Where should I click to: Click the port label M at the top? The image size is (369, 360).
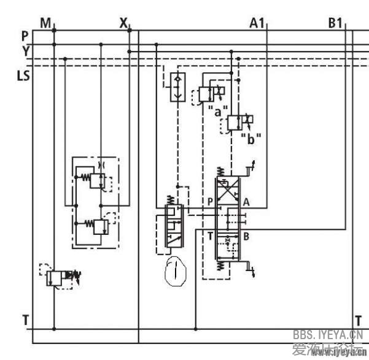tap(45, 23)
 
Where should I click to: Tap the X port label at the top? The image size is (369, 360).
tap(123, 23)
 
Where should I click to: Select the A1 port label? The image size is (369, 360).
tap(257, 23)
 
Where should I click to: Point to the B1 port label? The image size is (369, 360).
tap(335, 23)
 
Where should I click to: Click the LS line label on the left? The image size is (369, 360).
tap(23, 77)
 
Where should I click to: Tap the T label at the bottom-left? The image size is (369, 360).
tap(25, 320)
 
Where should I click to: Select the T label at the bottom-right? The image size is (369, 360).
tap(358, 320)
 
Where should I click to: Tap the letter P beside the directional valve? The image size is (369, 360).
tap(210, 201)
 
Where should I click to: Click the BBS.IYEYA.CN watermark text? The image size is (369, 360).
tap(328, 335)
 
